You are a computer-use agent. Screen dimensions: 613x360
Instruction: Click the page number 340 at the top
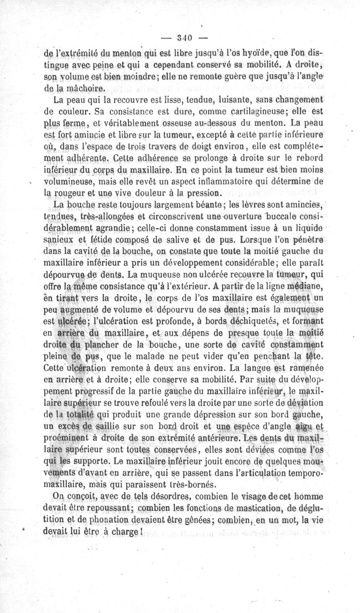(x=180, y=37)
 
